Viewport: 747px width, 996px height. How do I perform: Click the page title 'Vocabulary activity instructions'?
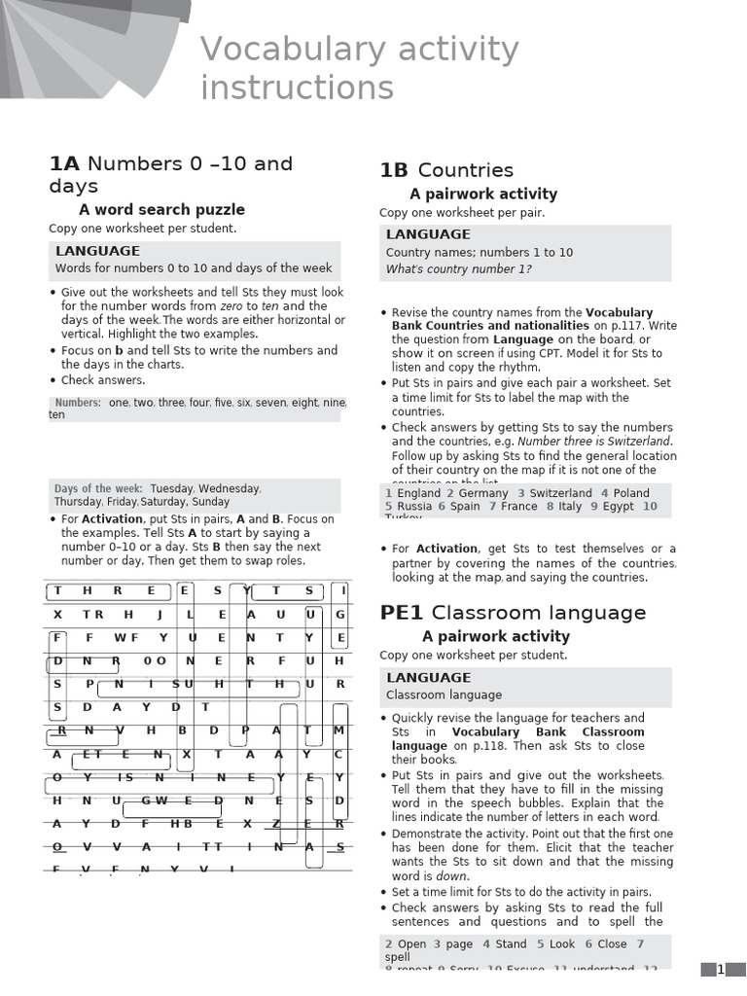pos(359,68)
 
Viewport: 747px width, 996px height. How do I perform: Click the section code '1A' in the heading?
pos(64,163)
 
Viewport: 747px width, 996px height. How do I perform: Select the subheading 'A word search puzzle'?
pos(161,209)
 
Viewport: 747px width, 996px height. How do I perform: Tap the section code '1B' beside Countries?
pos(394,171)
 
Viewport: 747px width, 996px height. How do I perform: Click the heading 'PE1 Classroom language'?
pos(513,613)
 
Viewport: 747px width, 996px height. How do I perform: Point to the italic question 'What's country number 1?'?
pos(458,269)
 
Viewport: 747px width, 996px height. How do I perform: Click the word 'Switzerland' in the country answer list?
pos(560,493)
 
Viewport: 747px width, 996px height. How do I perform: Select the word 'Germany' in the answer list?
pos(483,493)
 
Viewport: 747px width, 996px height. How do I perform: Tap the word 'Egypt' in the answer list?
pos(618,506)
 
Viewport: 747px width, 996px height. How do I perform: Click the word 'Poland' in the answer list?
pos(631,493)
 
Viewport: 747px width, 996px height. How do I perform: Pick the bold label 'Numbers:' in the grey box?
pos(78,402)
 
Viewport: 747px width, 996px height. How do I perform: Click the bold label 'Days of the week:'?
pos(98,488)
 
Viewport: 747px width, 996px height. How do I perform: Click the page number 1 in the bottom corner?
pos(721,969)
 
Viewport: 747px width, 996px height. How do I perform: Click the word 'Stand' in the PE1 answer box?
pos(511,943)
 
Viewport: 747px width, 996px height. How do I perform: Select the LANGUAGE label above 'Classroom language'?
pos(428,678)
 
